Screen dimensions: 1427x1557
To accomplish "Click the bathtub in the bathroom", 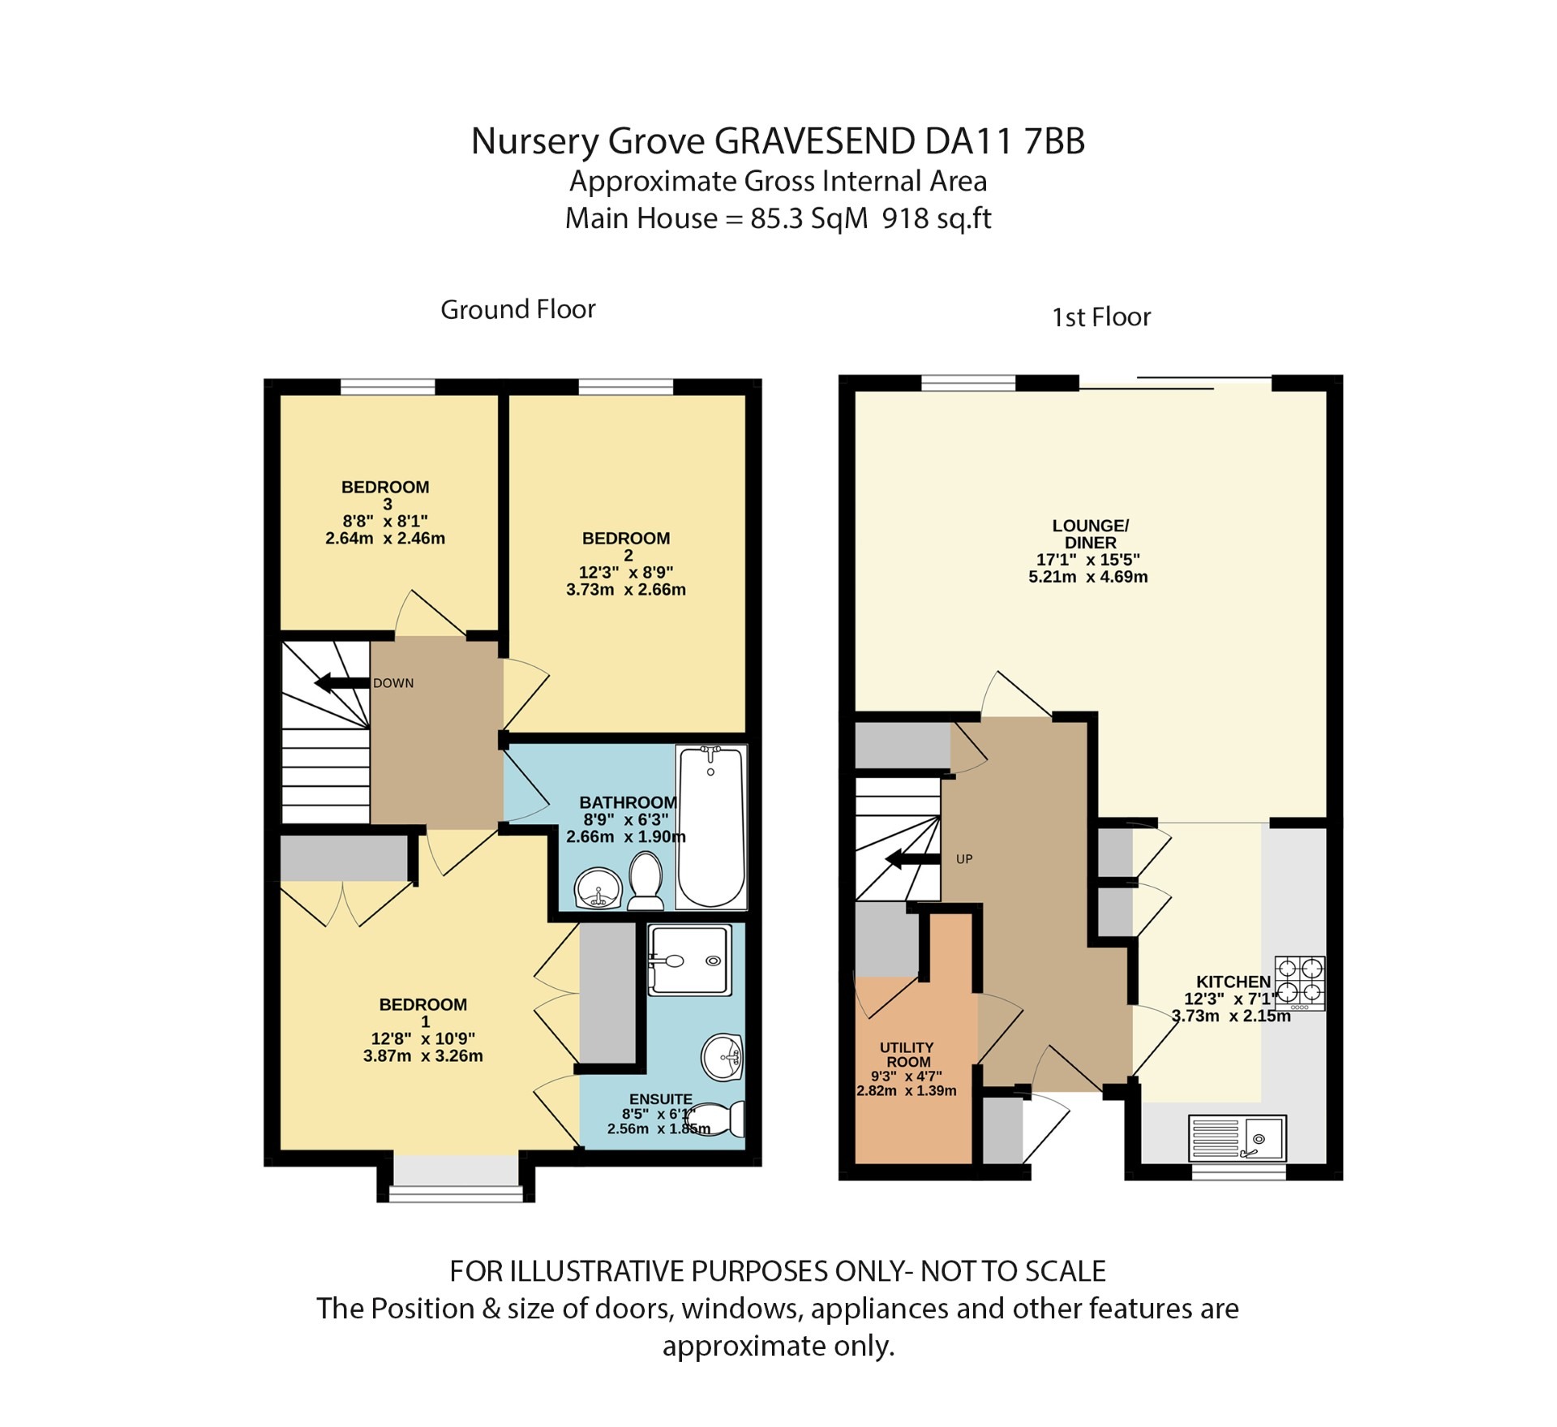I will (x=711, y=827).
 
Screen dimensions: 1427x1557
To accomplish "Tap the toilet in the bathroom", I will (x=646, y=880).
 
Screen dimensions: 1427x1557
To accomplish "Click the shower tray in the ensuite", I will (x=689, y=960).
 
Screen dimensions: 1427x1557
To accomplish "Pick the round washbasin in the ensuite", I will (x=722, y=1057).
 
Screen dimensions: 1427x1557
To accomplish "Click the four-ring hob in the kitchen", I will (x=1299, y=982).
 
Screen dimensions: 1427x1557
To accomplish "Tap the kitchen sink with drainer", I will (x=1237, y=1137).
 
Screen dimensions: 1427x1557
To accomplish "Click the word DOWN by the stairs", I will (x=393, y=683).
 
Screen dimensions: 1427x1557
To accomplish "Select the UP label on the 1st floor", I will (x=963, y=859).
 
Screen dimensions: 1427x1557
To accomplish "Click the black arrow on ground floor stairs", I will (x=341, y=683).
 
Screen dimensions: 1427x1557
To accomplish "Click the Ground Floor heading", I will (x=517, y=309).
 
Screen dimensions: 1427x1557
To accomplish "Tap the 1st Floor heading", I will (x=1100, y=317).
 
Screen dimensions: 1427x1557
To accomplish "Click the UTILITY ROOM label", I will (x=907, y=1055).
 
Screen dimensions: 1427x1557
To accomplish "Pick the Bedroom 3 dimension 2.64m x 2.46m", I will (x=385, y=538).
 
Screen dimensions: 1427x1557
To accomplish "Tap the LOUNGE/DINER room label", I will (x=1090, y=534).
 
